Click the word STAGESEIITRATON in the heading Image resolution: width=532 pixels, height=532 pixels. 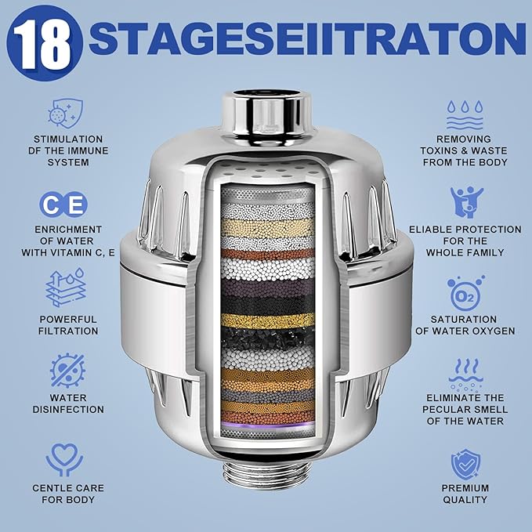[306, 39]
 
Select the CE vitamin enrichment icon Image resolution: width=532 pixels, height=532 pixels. [63, 205]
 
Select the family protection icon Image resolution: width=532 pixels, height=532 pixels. [465, 201]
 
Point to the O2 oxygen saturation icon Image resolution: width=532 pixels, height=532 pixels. [465, 291]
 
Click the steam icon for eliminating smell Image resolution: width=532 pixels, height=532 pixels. [465, 373]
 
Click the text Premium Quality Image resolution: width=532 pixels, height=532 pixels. [465, 494]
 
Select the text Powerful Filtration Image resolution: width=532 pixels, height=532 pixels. [69, 325]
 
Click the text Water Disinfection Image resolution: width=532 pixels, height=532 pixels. [69, 404]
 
